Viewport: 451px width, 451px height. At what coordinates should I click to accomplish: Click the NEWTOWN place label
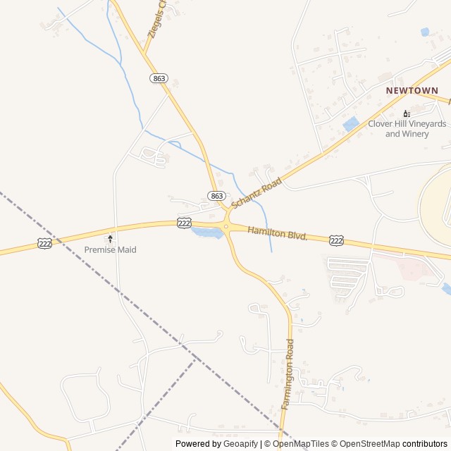412,91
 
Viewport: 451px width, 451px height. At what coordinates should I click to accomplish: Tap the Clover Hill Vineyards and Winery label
407,129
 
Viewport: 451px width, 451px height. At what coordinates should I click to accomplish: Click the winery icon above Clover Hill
407,113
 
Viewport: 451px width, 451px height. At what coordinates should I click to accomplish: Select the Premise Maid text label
110,250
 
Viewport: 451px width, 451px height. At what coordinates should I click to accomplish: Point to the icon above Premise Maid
110,239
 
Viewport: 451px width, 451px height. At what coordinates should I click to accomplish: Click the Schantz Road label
257,192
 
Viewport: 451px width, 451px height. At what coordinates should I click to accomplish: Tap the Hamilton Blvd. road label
278,233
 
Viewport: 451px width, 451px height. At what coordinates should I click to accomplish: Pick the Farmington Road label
288,374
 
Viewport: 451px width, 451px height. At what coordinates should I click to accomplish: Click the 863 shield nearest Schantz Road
216,195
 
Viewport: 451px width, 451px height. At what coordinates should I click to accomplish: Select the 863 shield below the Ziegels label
159,78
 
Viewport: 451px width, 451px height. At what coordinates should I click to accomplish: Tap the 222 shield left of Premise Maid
44,243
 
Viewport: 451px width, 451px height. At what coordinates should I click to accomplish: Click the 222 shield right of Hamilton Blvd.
337,241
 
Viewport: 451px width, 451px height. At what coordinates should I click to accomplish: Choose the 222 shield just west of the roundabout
185,223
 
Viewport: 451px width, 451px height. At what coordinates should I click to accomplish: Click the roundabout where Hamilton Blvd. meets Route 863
225,227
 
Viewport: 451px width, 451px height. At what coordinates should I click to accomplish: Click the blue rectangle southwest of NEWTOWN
351,124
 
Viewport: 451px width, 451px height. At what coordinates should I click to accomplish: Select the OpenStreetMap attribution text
367,444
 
